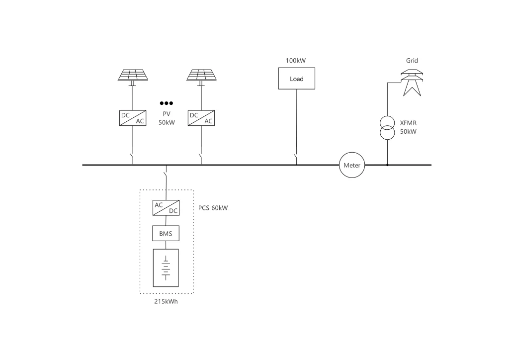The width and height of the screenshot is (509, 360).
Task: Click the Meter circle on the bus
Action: pos(352,165)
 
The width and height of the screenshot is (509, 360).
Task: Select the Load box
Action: pos(297,79)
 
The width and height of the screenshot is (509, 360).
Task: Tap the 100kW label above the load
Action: pos(295,61)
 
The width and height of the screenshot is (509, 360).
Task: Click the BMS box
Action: pos(166,233)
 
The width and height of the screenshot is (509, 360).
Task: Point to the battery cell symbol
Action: pos(166,268)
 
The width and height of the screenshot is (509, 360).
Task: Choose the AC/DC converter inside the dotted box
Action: pos(166,207)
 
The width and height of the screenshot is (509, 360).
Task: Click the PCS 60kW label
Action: pos(213,207)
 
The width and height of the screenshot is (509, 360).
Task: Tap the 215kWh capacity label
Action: pos(166,301)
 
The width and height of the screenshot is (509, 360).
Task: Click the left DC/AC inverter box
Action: pos(133,118)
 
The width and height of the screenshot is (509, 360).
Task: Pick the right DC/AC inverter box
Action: pos(201,118)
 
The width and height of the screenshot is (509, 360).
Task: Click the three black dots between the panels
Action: pos(166,103)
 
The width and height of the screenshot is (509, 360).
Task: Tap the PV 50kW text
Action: pos(167,118)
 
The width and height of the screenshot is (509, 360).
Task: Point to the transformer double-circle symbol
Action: pos(387,128)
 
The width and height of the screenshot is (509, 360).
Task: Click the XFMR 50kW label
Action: pos(408,128)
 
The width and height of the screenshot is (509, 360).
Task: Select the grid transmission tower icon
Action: pos(412,82)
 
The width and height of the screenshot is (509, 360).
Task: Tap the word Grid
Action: pos(412,61)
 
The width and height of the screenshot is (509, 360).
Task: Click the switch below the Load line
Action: pos(296,159)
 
